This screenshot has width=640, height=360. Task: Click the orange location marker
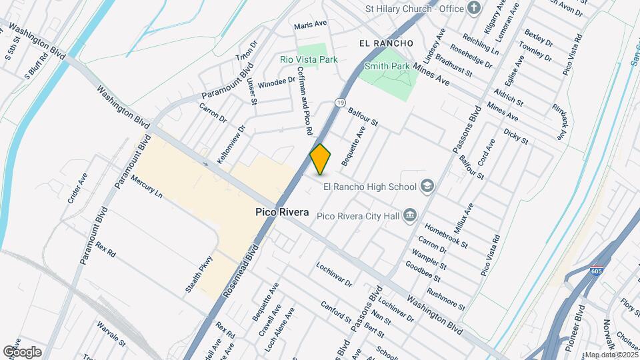pyautogui.click(x=321, y=159)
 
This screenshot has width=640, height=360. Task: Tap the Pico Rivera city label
pyautogui.click(x=282, y=213)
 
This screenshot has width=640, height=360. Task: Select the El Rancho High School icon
pyautogui.click(x=427, y=187)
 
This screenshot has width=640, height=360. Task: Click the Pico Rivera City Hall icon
pyautogui.click(x=410, y=215)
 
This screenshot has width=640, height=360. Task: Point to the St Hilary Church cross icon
pyautogui.click(x=474, y=8)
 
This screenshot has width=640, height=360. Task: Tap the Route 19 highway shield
pyautogui.click(x=340, y=103)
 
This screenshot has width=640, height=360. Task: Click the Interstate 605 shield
pyautogui.click(x=597, y=271)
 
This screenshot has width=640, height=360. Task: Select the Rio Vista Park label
pyautogui.click(x=309, y=59)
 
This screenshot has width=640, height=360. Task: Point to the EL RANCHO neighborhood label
pyautogui.click(x=385, y=43)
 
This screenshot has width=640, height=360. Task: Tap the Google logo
pyautogui.click(x=22, y=351)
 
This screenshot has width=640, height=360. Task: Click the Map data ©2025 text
pyautogui.click(x=611, y=355)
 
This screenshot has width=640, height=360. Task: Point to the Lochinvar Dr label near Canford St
pyautogui.click(x=335, y=274)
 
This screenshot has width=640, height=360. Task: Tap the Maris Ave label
pyautogui.click(x=311, y=23)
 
